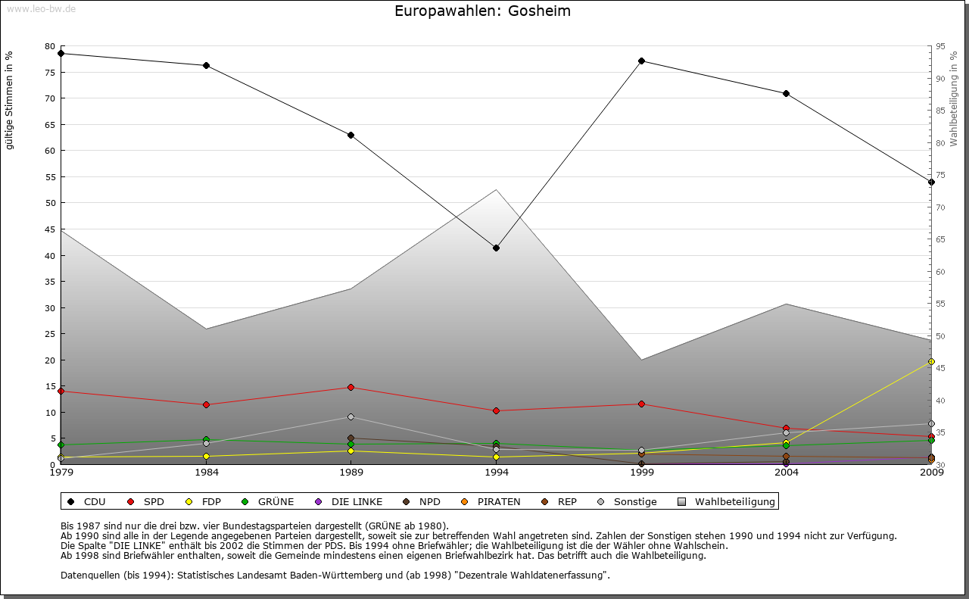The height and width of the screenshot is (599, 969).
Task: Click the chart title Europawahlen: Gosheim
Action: point(482,11)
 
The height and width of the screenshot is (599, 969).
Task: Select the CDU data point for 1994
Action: point(496,248)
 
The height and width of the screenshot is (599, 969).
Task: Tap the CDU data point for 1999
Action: point(641,61)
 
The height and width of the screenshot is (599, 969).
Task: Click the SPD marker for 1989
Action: point(351,387)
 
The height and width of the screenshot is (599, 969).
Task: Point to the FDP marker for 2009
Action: point(931,361)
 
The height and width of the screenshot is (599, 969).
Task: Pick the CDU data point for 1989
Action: point(351,135)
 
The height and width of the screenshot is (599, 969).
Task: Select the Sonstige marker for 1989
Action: point(351,416)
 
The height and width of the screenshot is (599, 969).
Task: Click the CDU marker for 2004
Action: point(786,93)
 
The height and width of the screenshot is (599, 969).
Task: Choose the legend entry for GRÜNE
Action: point(269,501)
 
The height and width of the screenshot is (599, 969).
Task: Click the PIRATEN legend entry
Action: point(491,501)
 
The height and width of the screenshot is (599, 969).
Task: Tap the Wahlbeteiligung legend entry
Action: point(726,501)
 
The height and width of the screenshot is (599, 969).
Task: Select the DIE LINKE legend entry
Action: point(349,501)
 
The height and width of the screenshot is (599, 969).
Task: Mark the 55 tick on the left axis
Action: point(50,176)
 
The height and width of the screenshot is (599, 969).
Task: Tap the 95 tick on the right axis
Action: point(940,46)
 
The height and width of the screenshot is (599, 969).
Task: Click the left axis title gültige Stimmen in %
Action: point(10,100)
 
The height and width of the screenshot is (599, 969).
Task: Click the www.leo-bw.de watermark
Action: point(41,8)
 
